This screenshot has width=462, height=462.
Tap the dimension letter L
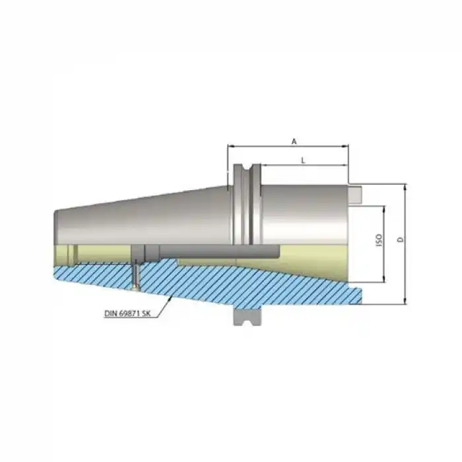pos(302,160)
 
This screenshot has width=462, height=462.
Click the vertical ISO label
pos(379,240)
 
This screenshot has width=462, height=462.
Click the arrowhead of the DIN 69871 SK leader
pos(173,297)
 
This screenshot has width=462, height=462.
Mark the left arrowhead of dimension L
pos(263,165)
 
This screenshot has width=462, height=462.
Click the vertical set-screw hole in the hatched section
pos(136,274)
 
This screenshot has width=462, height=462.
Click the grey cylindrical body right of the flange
pos(304,211)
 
